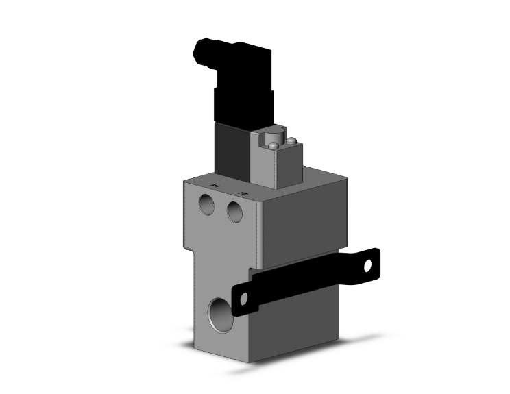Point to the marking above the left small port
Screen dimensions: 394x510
point(213,186)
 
